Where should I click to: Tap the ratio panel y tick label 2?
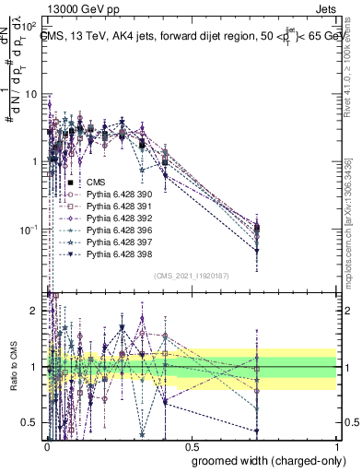pos(34,311)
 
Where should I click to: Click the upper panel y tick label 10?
pos(31,94)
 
